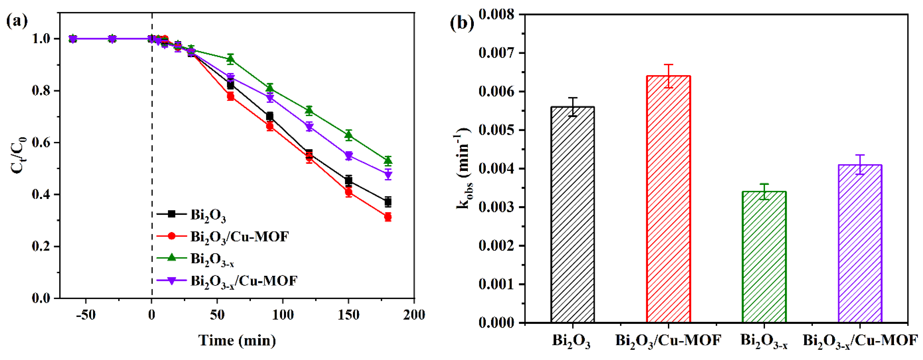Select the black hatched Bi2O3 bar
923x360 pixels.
(573, 215)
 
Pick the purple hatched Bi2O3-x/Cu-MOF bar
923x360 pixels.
(860, 244)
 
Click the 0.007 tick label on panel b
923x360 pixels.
(496, 53)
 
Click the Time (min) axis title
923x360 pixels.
(237, 340)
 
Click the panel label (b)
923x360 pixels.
(462, 23)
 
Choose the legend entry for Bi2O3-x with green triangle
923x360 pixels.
(212, 259)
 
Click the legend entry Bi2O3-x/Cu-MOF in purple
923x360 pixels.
(244, 281)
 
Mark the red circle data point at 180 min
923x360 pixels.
(388, 217)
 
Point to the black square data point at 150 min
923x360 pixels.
(348, 181)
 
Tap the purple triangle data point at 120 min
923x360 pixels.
(309, 126)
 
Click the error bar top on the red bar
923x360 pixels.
(668, 65)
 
